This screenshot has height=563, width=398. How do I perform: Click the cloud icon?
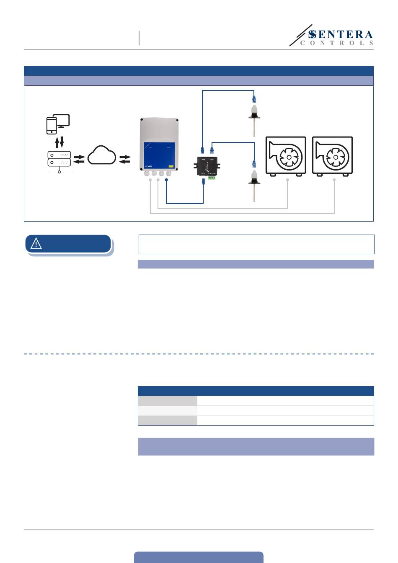[x=102, y=155]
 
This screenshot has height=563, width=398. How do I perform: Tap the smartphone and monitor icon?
[x=57, y=124]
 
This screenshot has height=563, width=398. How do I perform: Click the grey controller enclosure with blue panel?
[x=159, y=145]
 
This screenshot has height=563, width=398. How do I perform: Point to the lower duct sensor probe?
[x=254, y=184]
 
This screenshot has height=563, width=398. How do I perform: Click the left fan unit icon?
[x=286, y=155]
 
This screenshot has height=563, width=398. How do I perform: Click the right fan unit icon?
[x=332, y=155]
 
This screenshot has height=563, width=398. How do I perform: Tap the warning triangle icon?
[x=36, y=243]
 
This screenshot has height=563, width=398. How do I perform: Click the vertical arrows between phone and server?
[x=59, y=142]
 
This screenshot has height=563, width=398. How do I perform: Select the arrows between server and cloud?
[x=79, y=159]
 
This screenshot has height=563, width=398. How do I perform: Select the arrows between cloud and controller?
[x=124, y=159]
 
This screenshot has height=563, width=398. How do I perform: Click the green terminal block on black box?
[x=212, y=176]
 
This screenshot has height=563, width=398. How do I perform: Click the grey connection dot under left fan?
[x=287, y=180]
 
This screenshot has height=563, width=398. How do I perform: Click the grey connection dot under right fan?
[x=334, y=180]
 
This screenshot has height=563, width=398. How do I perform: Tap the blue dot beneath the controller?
[x=166, y=180]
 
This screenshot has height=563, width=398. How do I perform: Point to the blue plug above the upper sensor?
[x=254, y=99]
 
